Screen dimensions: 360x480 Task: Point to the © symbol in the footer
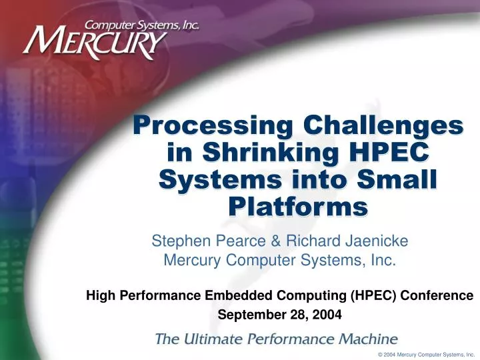(x=380, y=355)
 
